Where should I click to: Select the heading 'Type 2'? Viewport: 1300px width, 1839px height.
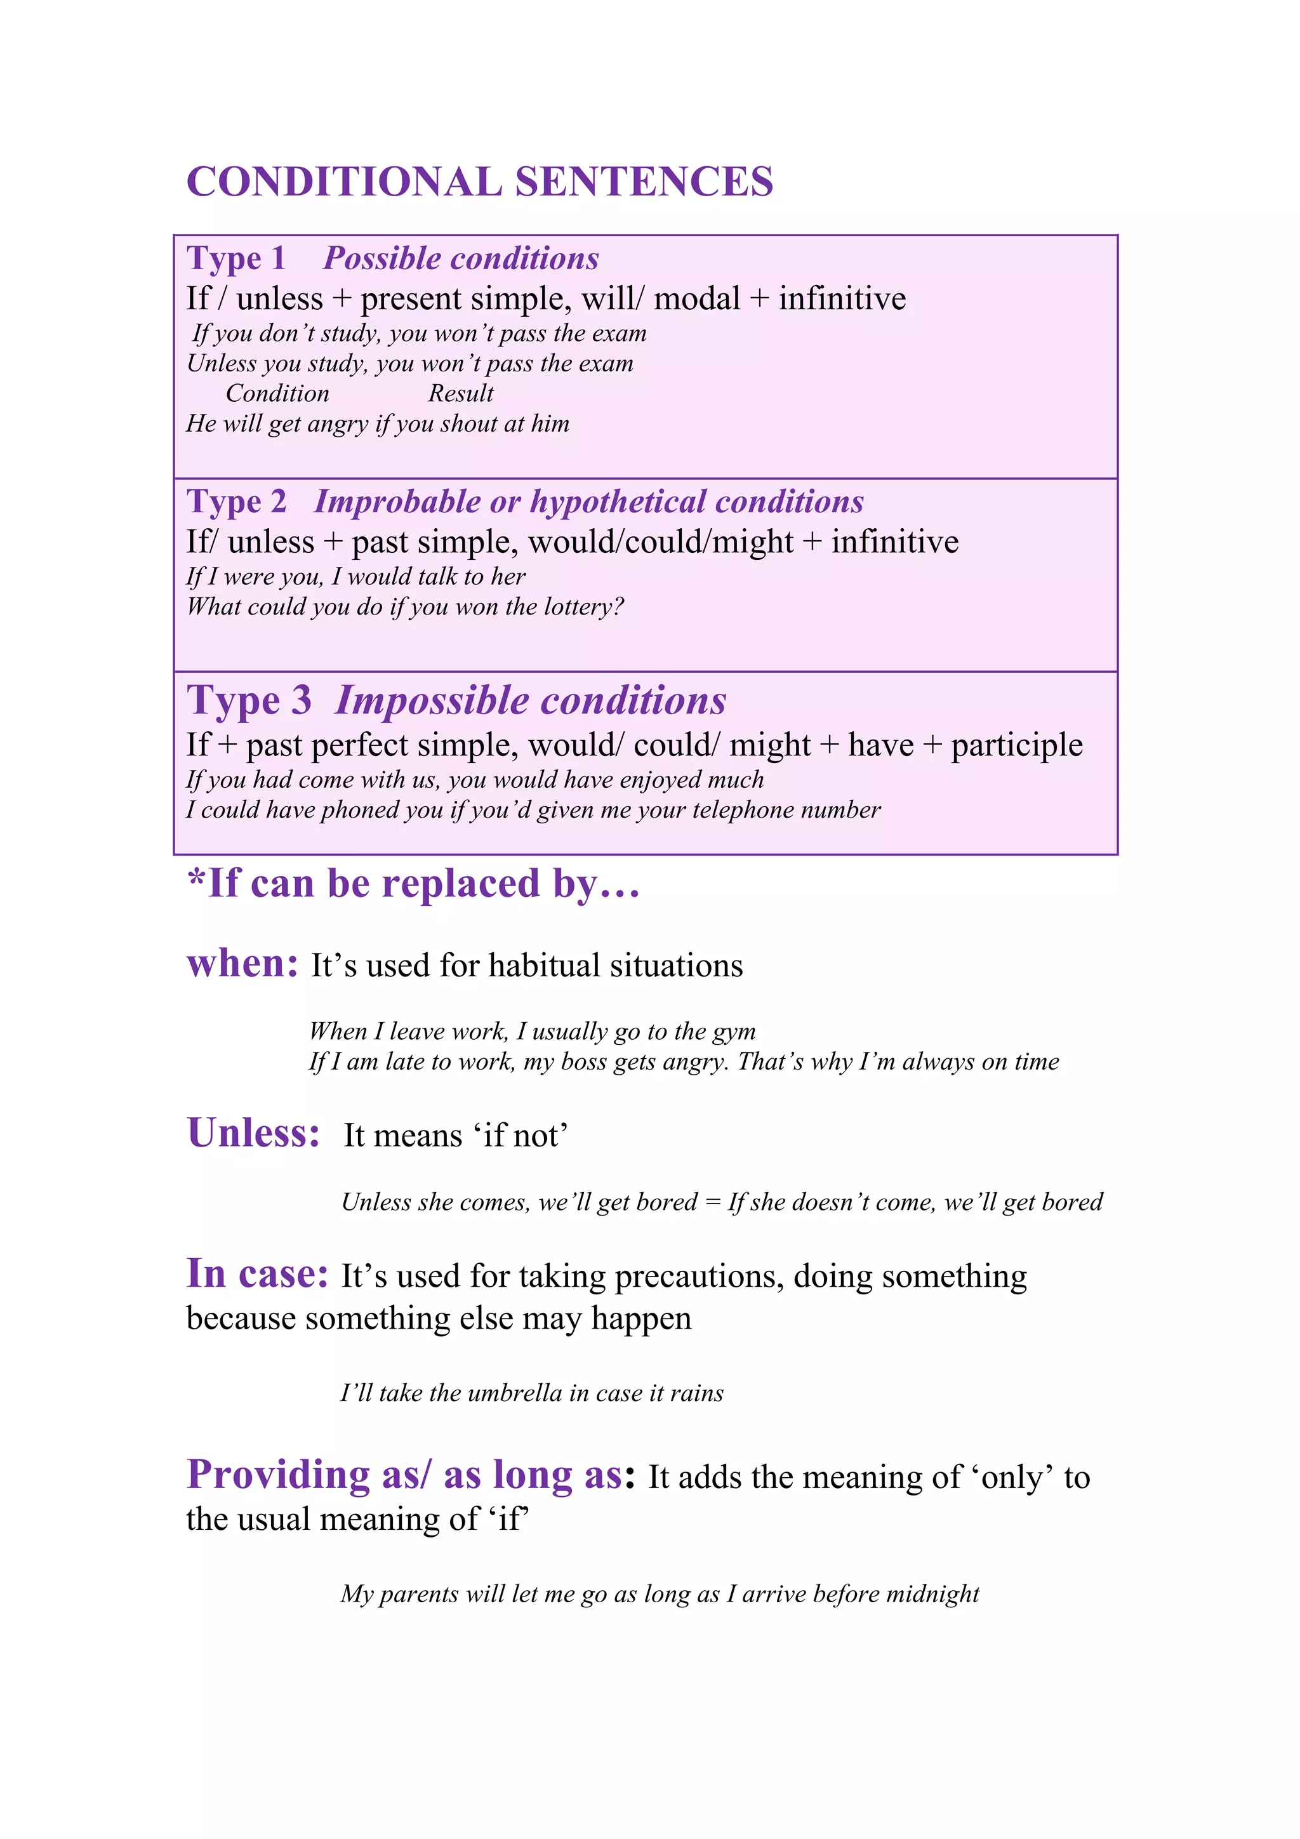point(236,502)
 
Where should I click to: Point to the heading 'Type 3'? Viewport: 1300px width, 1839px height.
point(249,701)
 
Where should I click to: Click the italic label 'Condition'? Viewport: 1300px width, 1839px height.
point(277,394)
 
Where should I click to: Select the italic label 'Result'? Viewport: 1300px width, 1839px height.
point(461,394)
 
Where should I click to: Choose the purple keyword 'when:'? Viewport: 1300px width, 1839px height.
point(242,964)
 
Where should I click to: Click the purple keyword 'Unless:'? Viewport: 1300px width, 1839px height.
point(253,1133)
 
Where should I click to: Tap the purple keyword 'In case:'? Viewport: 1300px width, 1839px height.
point(257,1273)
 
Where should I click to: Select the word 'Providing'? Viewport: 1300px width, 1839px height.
point(278,1475)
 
